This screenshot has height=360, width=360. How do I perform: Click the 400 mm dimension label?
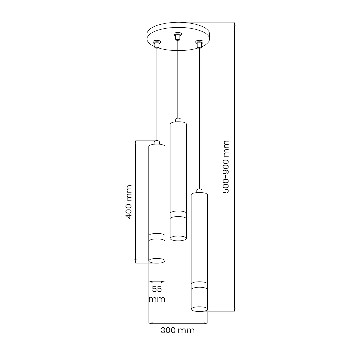pos(129,202)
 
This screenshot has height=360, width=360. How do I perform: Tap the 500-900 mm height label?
pos(226,167)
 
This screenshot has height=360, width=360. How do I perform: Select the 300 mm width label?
pos(177,330)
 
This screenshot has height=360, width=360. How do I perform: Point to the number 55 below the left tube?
pos(157,289)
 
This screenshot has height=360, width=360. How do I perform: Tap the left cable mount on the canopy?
pos(156,44)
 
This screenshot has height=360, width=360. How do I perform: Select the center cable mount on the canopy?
pos(178,35)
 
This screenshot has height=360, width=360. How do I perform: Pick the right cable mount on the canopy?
pos(199,44)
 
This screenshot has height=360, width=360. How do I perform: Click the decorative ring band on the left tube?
pos(157,237)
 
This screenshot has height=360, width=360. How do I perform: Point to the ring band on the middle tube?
pos(178,214)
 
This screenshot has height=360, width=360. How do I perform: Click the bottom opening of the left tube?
pos(157,261)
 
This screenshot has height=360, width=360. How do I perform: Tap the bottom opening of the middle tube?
pos(178,238)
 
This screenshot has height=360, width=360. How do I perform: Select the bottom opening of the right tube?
pos(199,309)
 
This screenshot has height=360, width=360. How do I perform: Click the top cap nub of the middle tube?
pos(178,120)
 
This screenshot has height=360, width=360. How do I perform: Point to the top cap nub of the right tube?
pos(199,191)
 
